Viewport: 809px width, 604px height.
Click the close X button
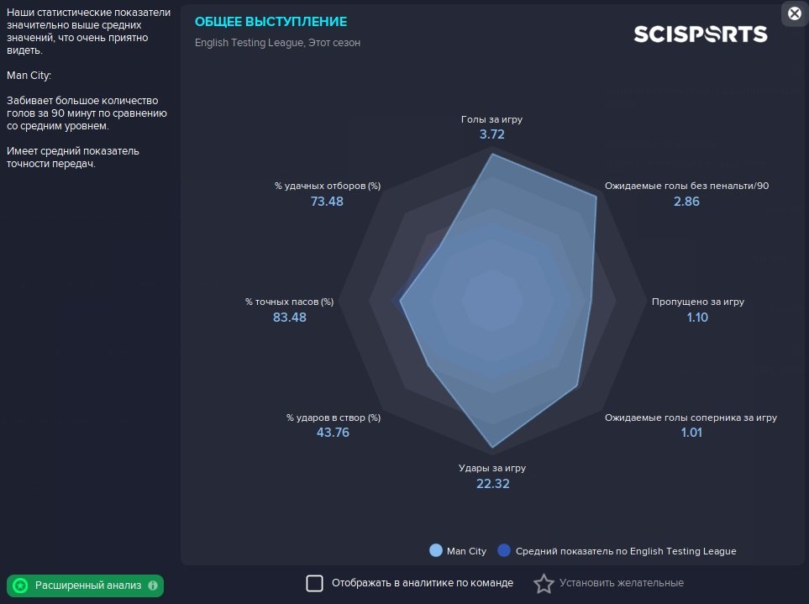point(794,13)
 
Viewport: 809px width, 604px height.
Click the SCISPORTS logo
point(700,34)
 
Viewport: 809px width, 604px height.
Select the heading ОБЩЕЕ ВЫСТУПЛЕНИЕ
point(271,22)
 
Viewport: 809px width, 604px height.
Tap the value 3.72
point(492,134)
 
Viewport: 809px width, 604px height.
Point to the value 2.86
point(686,202)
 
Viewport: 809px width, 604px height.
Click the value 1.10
point(697,317)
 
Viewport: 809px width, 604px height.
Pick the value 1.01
point(691,433)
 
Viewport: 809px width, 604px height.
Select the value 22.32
point(492,483)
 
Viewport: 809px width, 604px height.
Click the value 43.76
point(333,433)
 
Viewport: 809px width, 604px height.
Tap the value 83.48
point(290,317)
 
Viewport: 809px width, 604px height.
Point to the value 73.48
point(327,202)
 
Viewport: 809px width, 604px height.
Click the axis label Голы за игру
point(492,119)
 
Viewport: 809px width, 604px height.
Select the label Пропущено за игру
point(698,302)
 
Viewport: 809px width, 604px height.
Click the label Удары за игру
point(492,468)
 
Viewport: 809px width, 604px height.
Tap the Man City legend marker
point(436,551)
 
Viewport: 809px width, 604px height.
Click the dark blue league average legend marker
point(504,551)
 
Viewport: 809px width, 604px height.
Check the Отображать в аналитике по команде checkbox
point(314,583)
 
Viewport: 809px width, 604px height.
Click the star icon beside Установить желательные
point(544,583)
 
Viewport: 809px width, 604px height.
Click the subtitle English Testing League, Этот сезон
point(277,43)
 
